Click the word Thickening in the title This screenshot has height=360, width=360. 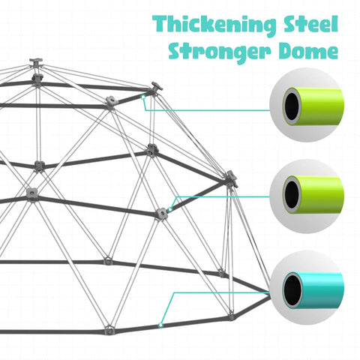point(214,25)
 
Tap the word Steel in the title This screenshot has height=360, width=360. point(310,24)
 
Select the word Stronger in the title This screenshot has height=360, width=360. point(220,52)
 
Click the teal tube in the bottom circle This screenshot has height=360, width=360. point(313,290)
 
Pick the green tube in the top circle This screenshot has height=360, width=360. point(313,106)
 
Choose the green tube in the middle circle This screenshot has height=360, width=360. point(313,195)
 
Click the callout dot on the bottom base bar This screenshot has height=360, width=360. point(161,325)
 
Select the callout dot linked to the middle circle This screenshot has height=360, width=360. point(170,209)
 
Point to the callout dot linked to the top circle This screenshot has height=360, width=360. point(143,97)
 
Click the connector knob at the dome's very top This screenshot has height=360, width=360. point(36,61)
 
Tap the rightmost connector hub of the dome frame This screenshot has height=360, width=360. point(231,178)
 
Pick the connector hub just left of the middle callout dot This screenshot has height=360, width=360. point(160,214)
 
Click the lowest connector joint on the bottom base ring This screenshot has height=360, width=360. point(109,331)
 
